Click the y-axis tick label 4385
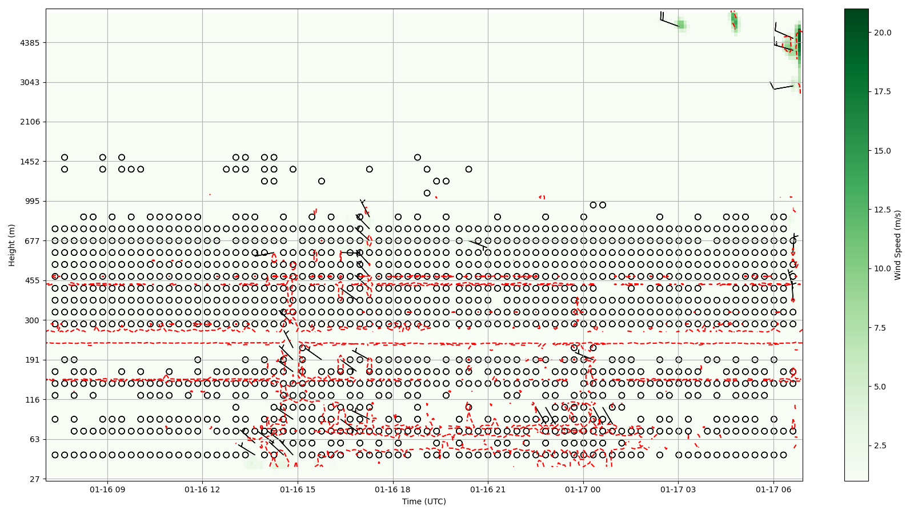[30, 43]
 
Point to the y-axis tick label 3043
[30, 82]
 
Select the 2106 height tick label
[30, 122]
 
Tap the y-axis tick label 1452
[30, 162]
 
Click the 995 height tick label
[32, 201]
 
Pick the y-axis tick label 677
[32, 241]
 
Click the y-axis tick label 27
[34, 479]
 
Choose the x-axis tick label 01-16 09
[107, 489]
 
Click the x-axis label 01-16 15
[298, 489]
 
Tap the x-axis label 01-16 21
[488, 489]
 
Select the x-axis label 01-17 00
[583, 489]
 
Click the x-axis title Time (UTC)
[424, 501]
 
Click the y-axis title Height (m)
[12, 245]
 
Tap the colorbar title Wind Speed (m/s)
[897, 245]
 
